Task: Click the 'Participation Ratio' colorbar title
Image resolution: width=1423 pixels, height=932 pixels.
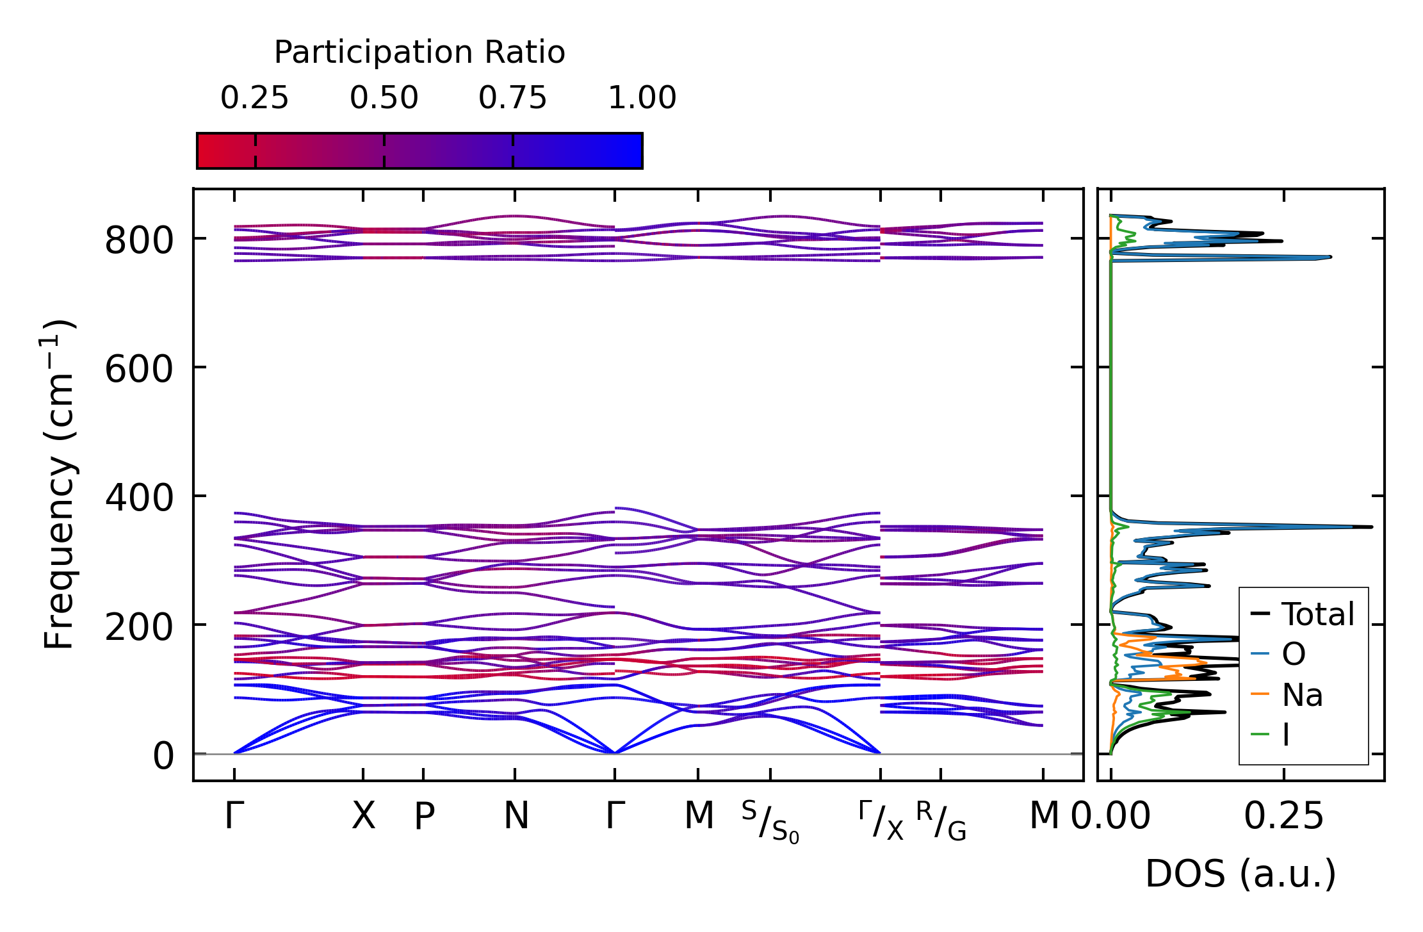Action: click(x=419, y=53)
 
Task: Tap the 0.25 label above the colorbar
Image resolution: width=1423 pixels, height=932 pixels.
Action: click(x=255, y=99)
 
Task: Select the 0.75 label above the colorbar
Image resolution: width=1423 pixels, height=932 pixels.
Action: click(x=513, y=99)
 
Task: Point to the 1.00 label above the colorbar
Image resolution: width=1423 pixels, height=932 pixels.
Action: click(x=642, y=99)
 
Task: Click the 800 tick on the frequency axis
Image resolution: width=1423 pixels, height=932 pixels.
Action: click(x=139, y=242)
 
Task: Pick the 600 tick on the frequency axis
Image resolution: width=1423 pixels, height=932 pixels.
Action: click(x=139, y=370)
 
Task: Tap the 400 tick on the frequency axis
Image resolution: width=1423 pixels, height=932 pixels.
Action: click(x=139, y=499)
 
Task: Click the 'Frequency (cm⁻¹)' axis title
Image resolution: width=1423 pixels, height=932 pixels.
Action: click(x=60, y=484)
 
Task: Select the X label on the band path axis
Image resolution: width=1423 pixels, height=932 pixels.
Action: click(x=363, y=817)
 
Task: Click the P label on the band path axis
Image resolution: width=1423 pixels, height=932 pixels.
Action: click(x=424, y=817)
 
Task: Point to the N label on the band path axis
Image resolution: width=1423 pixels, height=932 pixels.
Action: click(x=516, y=817)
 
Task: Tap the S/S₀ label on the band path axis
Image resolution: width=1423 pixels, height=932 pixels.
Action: click(x=770, y=821)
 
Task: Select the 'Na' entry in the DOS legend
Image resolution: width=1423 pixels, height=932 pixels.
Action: click(x=1302, y=695)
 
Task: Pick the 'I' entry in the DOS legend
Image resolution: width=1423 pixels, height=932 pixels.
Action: click(x=1286, y=735)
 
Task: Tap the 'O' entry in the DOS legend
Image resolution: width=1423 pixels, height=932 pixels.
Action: click(x=1294, y=655)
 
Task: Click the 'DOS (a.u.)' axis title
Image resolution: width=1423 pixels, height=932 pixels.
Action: click(x=1240, y=874)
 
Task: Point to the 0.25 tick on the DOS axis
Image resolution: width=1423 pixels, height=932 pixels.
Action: click(x=1283, y=817)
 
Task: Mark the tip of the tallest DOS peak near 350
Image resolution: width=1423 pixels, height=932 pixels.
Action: click(x=1372, y=527)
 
